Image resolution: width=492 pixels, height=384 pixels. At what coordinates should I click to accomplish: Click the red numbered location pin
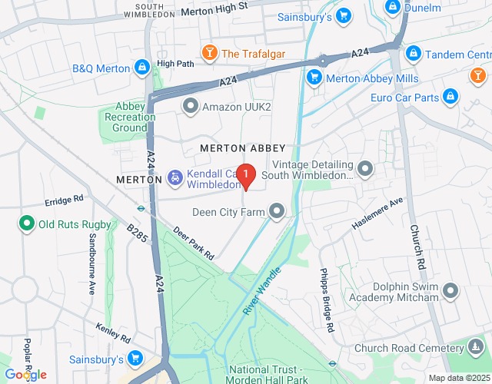click(245, 177)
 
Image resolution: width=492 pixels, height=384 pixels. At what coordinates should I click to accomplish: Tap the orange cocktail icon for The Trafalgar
click(208, 53)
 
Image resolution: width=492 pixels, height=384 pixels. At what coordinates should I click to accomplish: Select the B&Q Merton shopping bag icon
click(141, 68)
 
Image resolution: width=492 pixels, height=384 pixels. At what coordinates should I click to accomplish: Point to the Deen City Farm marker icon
click(276, 210)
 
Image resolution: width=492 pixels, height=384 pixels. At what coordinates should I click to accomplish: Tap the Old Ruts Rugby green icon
click(26, 224)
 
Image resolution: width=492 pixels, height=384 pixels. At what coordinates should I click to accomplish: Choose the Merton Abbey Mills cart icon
click(313, 77)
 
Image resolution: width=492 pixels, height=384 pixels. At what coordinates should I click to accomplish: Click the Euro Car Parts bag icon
click(451, 97)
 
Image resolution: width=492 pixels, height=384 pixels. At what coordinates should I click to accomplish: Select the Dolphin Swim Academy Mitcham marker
click(451, 291)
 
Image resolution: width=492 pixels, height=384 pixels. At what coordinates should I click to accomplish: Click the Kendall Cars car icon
click(175, 179)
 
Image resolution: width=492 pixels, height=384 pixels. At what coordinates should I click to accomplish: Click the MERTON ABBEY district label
click(242, 147)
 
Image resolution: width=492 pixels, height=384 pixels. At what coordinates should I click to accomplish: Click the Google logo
click(25, 374)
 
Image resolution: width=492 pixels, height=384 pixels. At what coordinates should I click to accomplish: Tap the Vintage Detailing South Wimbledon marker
click(365, 167)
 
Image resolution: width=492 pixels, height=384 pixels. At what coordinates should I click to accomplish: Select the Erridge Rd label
click(64, 201)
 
